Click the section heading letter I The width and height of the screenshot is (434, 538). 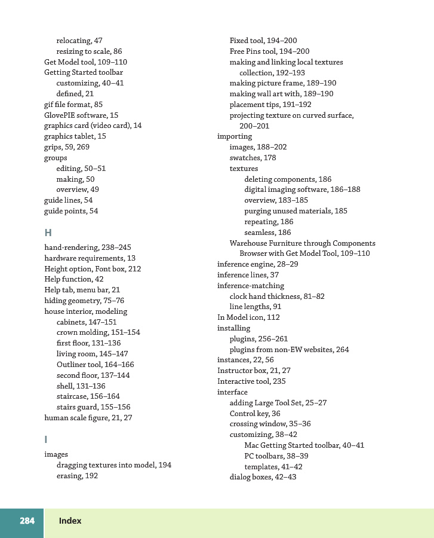tap(46, 439)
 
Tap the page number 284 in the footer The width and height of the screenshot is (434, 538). tap(27, 521)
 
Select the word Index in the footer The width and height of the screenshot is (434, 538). tap(70, 521)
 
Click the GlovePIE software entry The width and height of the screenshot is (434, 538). tap(81, 115)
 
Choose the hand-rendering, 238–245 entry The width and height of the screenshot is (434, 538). tap(88, 247)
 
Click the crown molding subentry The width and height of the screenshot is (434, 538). tap(98, 332)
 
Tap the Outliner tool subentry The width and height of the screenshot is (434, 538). tap(95, 365)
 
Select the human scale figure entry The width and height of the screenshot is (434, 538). tap(88, 418)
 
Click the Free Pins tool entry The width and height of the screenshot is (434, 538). tap(269, 51)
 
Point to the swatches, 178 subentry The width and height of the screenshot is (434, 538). tap(253, 158)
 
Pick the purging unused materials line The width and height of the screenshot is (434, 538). tap(296, 211)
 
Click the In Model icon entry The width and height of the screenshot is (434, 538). tap(248, 317)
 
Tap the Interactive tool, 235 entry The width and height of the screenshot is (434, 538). tap(251, 381)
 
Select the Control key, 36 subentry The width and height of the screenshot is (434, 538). tap(255, 414)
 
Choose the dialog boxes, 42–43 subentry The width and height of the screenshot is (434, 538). tap(263, 477)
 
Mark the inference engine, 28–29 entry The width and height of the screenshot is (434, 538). tap(257, 264)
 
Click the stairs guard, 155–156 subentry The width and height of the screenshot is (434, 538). tap(93, 407)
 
